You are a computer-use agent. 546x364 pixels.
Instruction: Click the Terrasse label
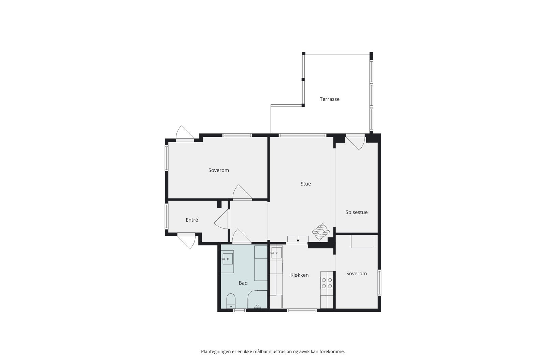329,99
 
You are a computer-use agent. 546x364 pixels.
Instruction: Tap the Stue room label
305,184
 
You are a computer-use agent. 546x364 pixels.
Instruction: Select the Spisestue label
356,212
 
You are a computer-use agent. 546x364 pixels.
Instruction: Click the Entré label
192,220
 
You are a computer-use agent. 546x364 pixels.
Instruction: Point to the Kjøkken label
299,275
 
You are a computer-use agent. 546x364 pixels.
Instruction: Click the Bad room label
243,283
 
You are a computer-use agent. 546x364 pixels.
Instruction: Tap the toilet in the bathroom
231,300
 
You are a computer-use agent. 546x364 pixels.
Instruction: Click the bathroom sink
227,259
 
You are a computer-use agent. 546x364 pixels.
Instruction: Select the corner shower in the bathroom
257,300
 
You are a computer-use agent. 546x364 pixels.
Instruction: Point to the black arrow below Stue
298,241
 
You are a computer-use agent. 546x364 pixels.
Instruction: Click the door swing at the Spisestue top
356,143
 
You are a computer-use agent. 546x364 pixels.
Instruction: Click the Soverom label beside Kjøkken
356,274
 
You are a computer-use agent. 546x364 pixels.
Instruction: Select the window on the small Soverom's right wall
379,282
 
